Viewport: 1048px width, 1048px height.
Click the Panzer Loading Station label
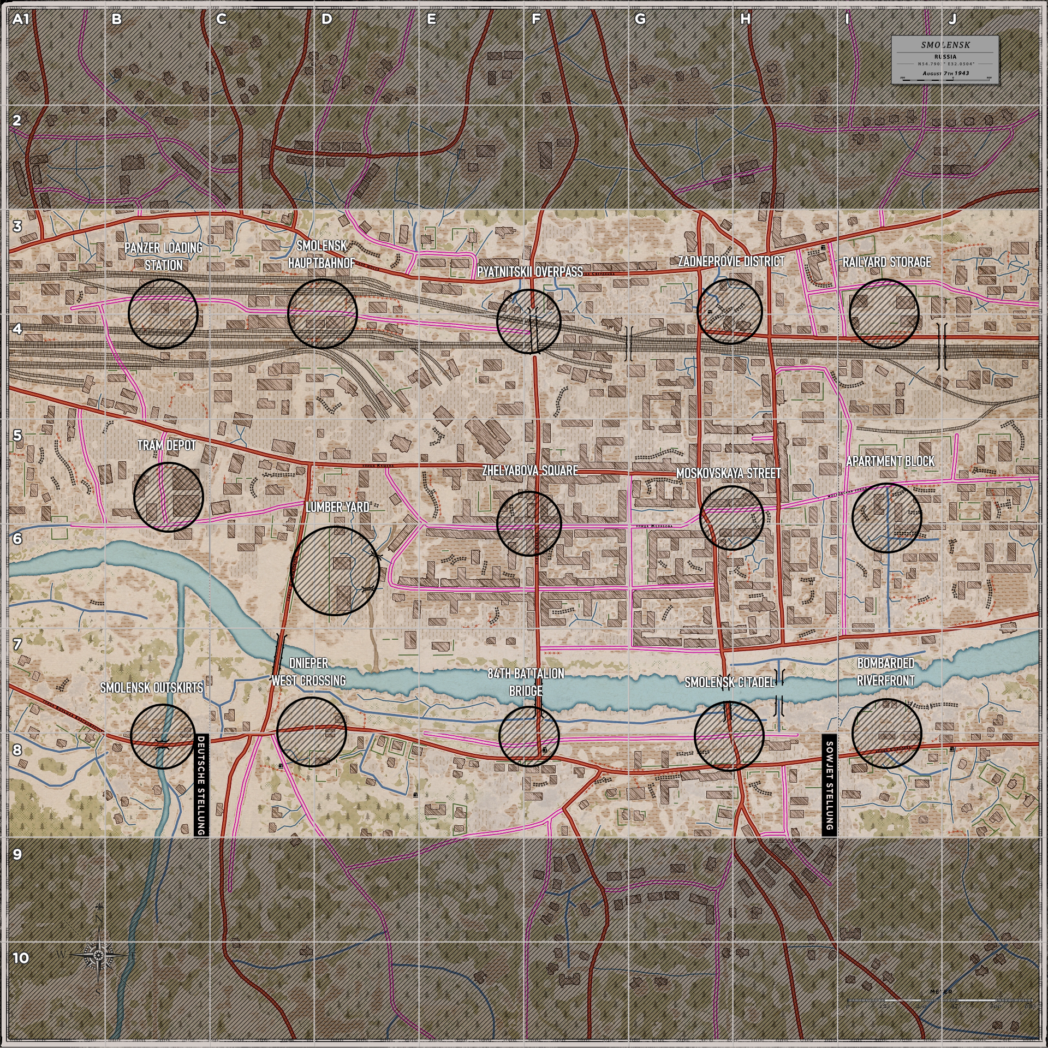click(x=163, y=256)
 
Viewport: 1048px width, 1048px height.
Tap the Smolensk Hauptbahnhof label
click(x=321, y=254)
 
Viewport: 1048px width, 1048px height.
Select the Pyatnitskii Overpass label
click(x=529, y=272)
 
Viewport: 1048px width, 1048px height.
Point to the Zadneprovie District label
click(x=731, y=261)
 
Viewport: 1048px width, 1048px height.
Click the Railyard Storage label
click(x=886, y=262)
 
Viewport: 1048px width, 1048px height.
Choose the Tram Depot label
click(x=166, y=445)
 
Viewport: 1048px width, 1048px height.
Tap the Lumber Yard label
click(x=337, y=507)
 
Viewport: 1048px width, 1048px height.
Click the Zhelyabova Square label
click(x=529, y=471)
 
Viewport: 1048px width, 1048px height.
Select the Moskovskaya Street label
click(x=729, y=473)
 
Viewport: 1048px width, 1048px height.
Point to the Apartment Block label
click(x=890, y=461)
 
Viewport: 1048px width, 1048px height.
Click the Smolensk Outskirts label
click(x=151, y=688)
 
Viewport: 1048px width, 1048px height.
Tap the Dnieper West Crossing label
click(x=308, y=672)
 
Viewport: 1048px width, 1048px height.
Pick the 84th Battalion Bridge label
click(x=526, y=682)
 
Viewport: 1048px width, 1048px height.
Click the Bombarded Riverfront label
click(x=885, y=672)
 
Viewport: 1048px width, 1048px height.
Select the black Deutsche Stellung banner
click(x=201, y=784)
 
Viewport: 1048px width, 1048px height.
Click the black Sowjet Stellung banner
click(x=829, y=784)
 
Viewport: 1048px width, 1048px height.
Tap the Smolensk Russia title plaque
click(x=945, y=59)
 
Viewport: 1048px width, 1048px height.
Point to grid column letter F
click(x=536, y=20)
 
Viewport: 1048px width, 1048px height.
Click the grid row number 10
click(x=20, y=958)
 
